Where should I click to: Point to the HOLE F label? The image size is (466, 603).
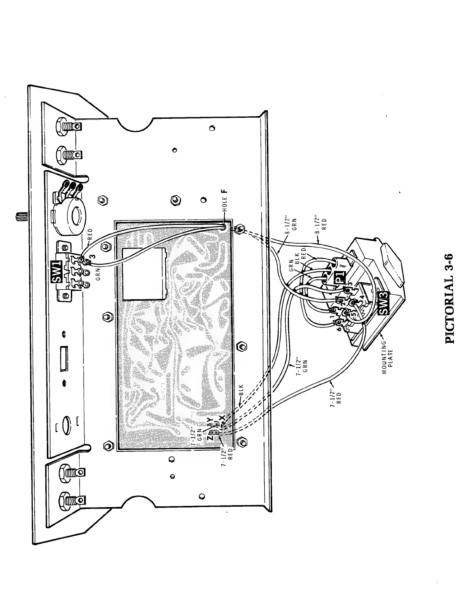pyautogui.click(x=225, y=202)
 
